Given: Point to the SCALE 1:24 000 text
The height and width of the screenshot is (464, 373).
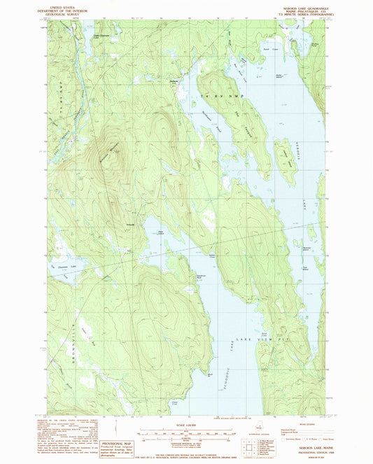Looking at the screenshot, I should coord(186,424).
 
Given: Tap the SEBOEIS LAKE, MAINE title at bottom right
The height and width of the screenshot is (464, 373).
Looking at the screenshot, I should coord(301,451).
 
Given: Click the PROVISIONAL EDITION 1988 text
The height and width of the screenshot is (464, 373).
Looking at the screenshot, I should coord(301,456).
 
